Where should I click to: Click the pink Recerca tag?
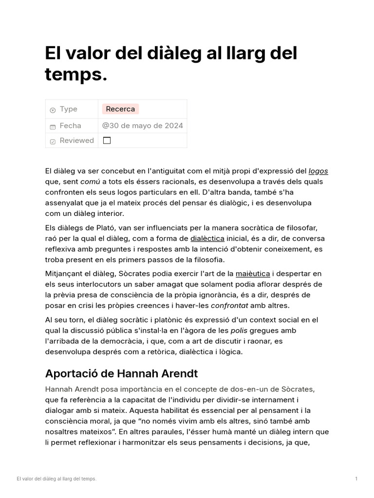(x=120, y=109)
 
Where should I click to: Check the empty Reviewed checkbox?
(x=107, y=141)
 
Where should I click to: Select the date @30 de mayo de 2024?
(x=143, y=125)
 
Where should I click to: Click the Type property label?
(x=69, y=109)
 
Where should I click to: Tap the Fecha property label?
(x=71, y=125)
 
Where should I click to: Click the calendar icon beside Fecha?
(x=53, y=126)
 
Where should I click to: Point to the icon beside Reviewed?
(x=53, y=142)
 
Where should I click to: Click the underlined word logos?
(x=318, y=171)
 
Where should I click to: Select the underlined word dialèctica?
(x=207, y=238)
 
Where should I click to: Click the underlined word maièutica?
(x=253, y=273)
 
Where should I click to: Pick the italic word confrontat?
(x=229, y=305)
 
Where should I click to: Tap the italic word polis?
(x=239, y=330)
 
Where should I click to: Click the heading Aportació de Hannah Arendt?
(x=122, y=373)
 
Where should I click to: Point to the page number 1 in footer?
(x=356, y=479)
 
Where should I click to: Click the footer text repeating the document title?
(x=56, y=479)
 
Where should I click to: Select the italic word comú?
(x=90, y=181)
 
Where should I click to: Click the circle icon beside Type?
(x=53, y=110)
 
